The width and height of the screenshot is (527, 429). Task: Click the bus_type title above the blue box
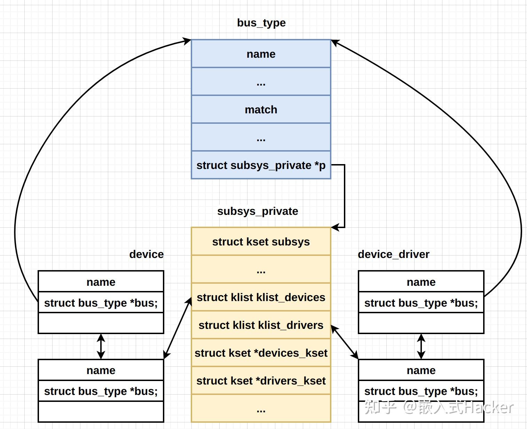[x=261, y=23]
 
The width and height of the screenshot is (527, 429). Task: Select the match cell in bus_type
[x=261, y=110]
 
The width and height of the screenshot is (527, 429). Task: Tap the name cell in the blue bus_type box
[x=261, y=54]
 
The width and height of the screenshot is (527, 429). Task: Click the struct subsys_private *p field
[x=261, y=165]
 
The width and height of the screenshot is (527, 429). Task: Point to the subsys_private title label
[x=258, y=211]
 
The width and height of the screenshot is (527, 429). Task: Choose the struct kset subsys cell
[x=261, y=242]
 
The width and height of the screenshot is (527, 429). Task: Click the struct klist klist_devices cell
[x=261, y=297]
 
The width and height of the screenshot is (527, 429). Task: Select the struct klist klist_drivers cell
[x=261, y=325]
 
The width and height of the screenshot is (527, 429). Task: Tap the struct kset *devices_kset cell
[x=261, y=353]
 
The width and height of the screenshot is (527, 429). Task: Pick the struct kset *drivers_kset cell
[x=261, y=381]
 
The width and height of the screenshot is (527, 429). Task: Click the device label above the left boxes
[x=146, y=254]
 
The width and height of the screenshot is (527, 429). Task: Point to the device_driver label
[x=393, y=254]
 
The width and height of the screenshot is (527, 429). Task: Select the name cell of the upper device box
[x=101, y=282]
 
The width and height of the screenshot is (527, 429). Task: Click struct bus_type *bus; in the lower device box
[x=101, y=391]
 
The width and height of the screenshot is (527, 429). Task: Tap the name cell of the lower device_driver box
[x=421, y=370]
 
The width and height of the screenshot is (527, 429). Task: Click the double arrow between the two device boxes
[x=101, y=346]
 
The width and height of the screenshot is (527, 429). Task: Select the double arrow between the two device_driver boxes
[x=421, y=346]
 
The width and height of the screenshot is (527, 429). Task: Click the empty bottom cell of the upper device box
[x=101, y=323]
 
